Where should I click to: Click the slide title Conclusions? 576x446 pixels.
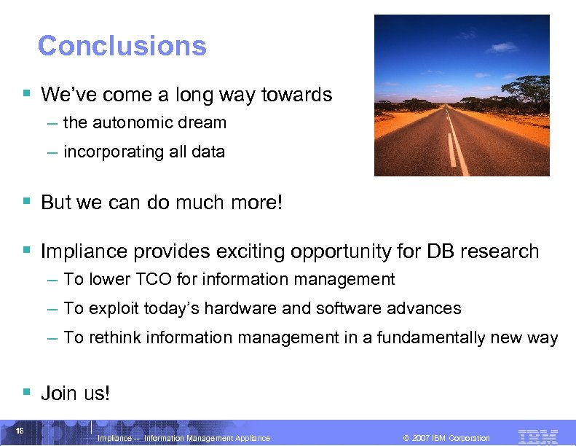click(122, 46)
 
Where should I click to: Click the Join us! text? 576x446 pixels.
click(76, 394)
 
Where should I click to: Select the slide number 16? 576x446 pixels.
click(20, 431)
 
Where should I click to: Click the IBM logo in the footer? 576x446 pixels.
click(537, 437)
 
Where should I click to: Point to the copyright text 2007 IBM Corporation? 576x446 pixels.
click(451, 438)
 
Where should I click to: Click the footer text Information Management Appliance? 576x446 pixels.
click(207, 438)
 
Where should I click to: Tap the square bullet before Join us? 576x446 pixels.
click(27, 392)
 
